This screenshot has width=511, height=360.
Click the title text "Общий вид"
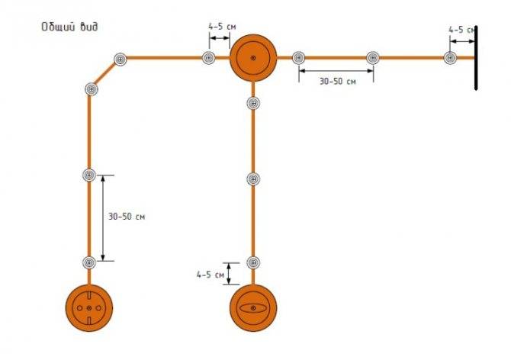(x=69, y=27)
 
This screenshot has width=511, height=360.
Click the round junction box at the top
(x=253, y=58)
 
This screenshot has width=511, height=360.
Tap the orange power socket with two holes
(x=89, y=308)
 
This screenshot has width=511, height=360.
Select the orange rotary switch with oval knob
(x=253, y=308)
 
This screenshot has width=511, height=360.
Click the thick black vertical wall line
(x=476, y=58)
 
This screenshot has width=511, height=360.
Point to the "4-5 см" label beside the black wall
(x=461, y=30)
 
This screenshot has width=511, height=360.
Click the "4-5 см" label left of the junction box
(x=222, y=27)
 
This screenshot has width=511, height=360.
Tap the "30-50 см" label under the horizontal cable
(x=337, y=81)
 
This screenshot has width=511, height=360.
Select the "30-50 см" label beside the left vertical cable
(x=127, y=217)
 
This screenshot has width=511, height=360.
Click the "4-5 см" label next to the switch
(x=211, y=275)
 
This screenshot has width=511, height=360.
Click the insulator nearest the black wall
(x=450, y=58)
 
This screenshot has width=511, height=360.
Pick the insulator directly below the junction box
(x=253, y=103)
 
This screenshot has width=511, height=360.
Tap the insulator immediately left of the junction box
(x=208, y=58)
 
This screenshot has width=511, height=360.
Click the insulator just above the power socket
(x=89, y=262)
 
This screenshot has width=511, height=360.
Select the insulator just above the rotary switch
(x=253, y=262)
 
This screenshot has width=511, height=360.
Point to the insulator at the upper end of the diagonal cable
(x=121, y=59)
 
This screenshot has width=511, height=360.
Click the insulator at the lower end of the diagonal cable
(x=92, y=89)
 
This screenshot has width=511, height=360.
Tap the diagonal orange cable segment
(x=105, y=74)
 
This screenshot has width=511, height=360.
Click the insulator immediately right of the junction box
(x=298, y=58)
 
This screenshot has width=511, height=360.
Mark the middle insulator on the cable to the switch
(x=253, y=179)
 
